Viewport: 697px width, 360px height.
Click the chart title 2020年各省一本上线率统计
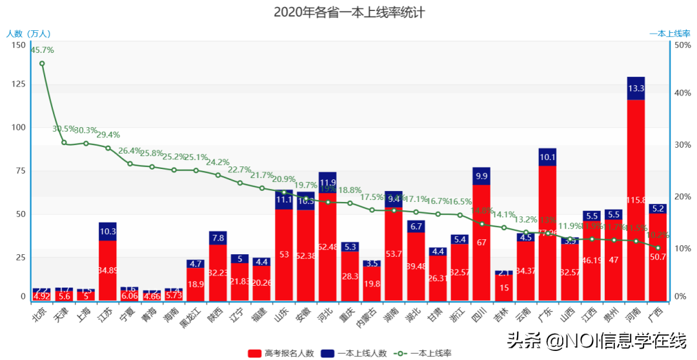pyautogui.click(x=348, y=12)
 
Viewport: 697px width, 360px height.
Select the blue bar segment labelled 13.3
pyautogui.click(x=636, y=88)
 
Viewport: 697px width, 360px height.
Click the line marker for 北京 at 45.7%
pyautogui.click(x=42, y=63)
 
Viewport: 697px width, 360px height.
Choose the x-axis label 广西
pyautogui.click(x=657, y=313)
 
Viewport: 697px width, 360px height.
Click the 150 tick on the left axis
pyautogui.click(x=18, y=45)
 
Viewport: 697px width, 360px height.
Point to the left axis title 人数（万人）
pyautogui.click(x=28, y=34)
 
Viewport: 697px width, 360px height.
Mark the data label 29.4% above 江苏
pyautogui.click(x=108, y=135)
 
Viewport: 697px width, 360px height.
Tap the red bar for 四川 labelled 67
pyautogui.click(x=481, y=243)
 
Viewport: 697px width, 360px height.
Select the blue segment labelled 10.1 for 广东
pyautogui.click(x=547, y=157)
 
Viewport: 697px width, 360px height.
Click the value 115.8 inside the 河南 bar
pyautogui.click(x=636, y=201)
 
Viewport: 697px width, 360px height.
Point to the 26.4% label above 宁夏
pyautogui.click(x=130, y=151)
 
